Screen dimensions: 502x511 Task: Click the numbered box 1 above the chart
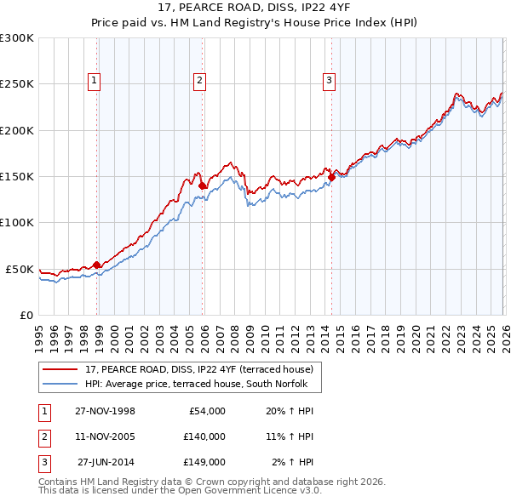click(94, 81)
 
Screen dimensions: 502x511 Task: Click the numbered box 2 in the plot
click(199, 81)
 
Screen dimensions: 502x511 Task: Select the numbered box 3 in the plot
click(329, 81)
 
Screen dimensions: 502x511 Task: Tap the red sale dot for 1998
click(97, 265)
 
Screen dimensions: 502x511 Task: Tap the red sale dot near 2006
click(202, 185)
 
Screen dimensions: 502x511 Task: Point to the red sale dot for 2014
click(331, 177)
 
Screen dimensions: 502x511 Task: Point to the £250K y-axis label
click(17, 84)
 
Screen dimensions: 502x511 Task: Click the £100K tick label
click(17, 222)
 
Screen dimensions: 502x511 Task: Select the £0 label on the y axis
click(26, 315)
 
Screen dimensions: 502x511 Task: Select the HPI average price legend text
click(203, 385)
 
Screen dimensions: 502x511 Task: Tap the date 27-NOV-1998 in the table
click(105, 411)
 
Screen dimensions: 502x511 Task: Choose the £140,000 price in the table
click(204, 436)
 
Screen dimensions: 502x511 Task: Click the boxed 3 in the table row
click(42, 462)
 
